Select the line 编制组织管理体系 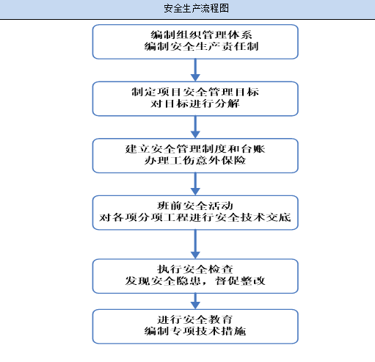pos(195,35)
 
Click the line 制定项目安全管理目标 pos(195,92)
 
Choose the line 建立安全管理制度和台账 pos(195,148)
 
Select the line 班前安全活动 pos(195,205)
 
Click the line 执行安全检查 pos(195,268)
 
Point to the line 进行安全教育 pos(195,320)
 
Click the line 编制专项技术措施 pos(195,332)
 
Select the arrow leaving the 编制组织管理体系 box pos(195,70)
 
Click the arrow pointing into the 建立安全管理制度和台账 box pos(195,126)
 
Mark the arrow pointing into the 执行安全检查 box pos(195,243)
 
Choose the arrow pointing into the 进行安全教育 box pos(195,300)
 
